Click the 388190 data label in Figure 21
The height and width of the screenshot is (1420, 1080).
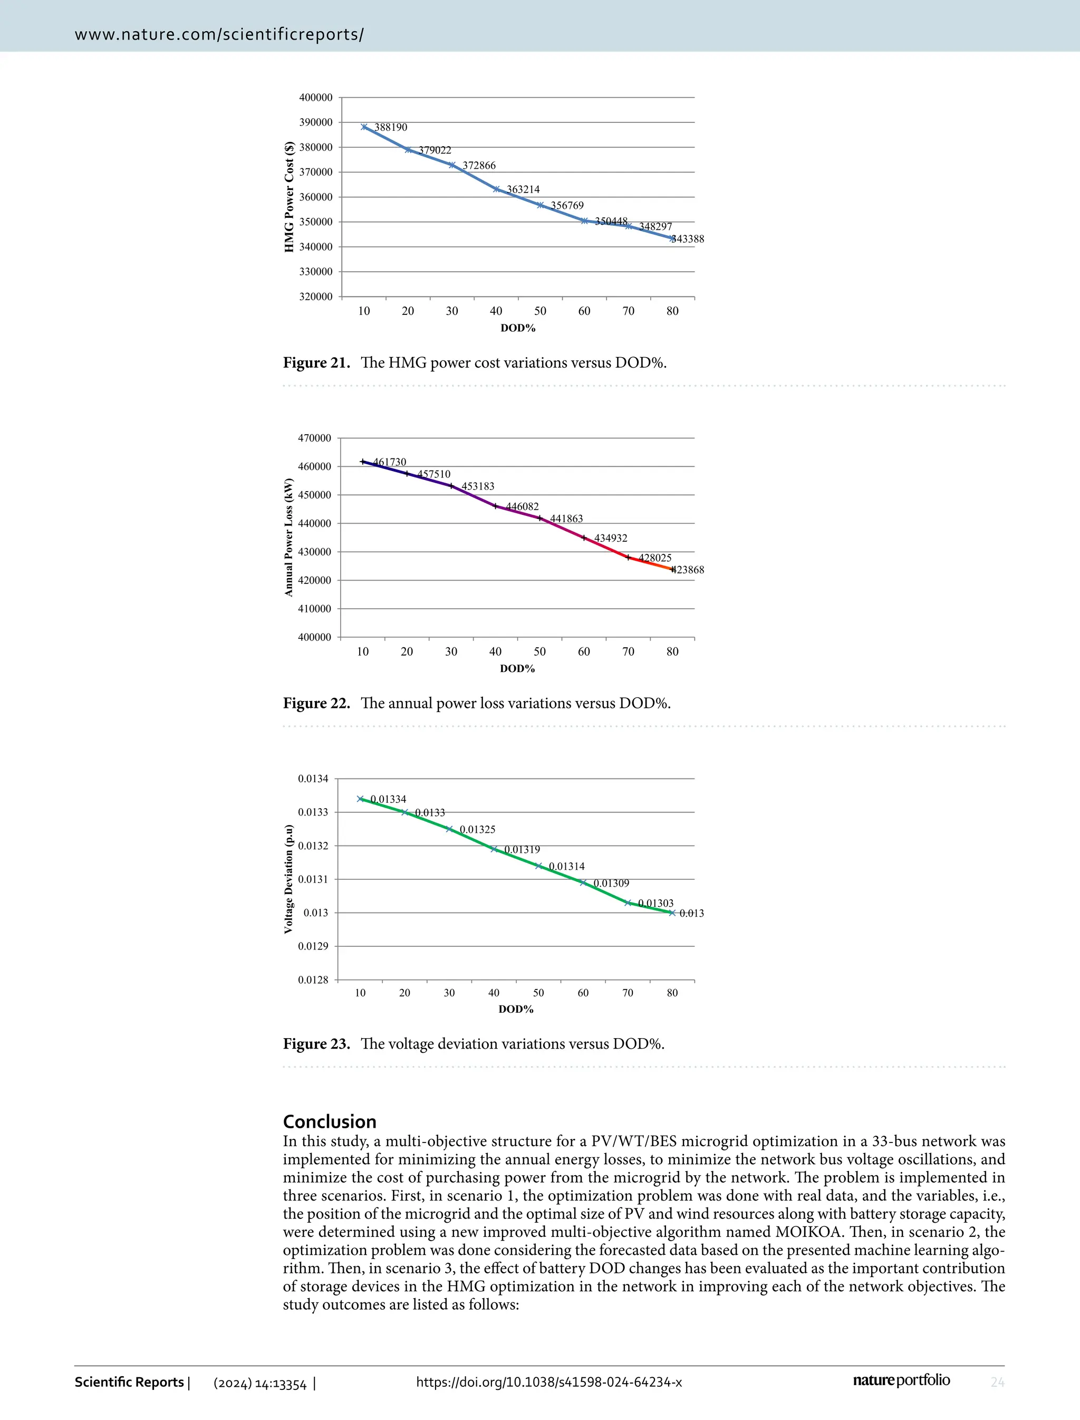[391, 127]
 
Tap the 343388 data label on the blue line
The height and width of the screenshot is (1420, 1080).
[688, 239]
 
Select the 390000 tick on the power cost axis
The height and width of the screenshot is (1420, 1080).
[316, 122]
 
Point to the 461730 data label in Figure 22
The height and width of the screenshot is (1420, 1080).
[390, 462]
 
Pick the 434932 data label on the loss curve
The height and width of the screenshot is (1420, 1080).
[610, 538]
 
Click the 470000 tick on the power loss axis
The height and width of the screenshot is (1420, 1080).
[315, 438]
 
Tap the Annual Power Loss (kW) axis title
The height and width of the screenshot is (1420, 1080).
[288, 538]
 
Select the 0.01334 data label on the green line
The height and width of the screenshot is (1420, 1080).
[388, 799]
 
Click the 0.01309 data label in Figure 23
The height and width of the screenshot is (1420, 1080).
[611, 884]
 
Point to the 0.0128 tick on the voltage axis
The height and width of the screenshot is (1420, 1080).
[313, 980]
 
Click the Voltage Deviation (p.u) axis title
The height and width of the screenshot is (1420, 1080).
[288, 878]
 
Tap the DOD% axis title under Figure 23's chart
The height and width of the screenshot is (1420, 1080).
[516, 1010]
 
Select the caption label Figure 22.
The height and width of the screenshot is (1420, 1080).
[316, 703]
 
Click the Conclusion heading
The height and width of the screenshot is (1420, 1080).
[330, 1121]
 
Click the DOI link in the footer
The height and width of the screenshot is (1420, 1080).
[549, 1382]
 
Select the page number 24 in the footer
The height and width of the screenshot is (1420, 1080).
[997, 1382]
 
